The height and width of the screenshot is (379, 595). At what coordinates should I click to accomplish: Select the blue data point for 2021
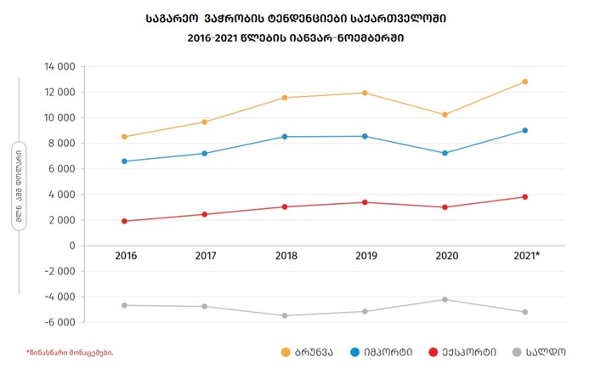pos(525,130)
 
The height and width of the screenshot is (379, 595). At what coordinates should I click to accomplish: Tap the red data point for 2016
pos(125,221)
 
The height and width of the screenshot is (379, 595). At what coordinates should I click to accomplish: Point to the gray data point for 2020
pos(445,299)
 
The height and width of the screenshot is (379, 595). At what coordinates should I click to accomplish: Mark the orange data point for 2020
pos(445,114)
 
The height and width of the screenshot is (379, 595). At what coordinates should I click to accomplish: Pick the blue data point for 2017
pos(205,153)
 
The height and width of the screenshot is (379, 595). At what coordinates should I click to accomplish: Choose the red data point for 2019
pos(365,202)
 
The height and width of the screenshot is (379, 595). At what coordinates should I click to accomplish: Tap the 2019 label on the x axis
pos(365,255)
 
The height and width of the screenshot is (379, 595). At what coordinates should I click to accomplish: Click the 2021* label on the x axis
pos(527,255)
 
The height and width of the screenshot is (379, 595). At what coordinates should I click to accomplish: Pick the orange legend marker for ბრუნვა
pos(286,351)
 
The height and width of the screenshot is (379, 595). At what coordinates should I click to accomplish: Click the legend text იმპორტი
pos(390,351)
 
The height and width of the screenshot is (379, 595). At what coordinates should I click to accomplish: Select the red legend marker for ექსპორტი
pos(434,351)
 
